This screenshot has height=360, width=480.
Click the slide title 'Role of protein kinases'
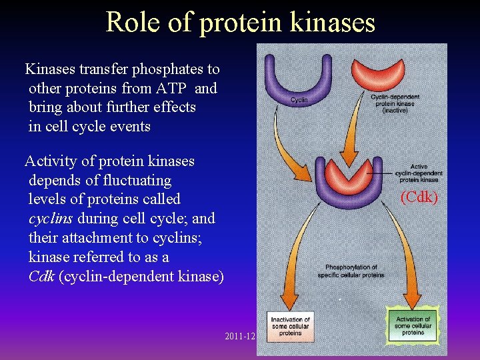240,21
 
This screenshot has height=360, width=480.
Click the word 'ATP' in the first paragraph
174,89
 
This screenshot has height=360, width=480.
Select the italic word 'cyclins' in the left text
51,219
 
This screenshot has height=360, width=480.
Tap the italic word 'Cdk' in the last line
41,277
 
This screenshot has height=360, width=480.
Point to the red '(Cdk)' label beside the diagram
419,197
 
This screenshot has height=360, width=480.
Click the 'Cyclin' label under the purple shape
299,101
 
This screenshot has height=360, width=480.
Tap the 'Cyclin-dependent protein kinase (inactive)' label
395,103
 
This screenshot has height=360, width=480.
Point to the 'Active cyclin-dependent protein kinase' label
419,173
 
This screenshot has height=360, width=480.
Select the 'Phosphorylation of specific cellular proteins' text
351,271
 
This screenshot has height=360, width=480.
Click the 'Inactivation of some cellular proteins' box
290,327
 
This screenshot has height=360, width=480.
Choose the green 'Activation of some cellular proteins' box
413,325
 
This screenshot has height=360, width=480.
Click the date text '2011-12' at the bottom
240,337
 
